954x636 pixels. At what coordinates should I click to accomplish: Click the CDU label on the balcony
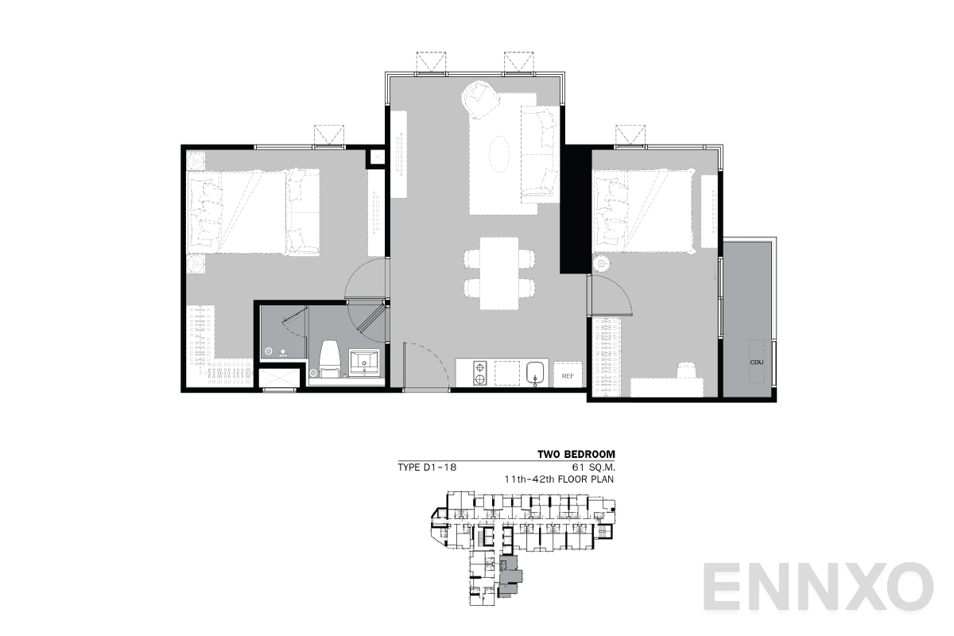click(x=756, y=363)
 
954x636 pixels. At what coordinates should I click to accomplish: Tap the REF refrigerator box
click(x=568, y=375)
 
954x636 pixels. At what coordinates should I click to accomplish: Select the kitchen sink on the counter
click(x=535, y=371)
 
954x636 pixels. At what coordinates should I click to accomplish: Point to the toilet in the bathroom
click(x=328, y=358)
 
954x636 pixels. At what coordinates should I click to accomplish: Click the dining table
click(x=499, y=273)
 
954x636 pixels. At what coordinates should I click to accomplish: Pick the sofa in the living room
click(x=538, y=151)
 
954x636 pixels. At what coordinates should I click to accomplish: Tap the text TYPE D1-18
click(x=428, y=467)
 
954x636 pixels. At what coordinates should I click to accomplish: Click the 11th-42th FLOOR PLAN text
click(x=560, y=480)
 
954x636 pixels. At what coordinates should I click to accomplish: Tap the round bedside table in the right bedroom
click(x=602, y=263)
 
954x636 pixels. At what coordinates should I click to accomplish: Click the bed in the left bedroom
click(x=246, y=211)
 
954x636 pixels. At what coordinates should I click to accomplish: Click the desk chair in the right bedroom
click(x=687, y=370)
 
